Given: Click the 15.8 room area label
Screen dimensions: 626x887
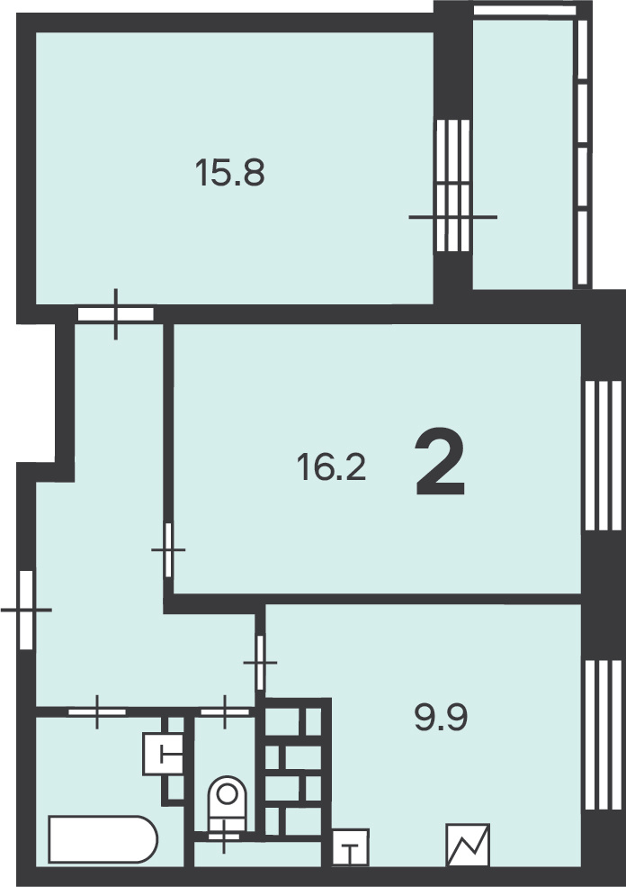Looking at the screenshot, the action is point(230,172).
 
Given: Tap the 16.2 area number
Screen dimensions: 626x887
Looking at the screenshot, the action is point(332,468).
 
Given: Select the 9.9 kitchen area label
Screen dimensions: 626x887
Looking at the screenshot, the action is point(441,719).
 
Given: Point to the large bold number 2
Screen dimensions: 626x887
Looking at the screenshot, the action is point(440,462).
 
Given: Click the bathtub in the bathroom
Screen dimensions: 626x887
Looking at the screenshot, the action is point(103,839).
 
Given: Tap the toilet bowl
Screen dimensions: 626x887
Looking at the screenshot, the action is point(228,803).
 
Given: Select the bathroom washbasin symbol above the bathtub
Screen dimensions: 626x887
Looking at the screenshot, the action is point(163,754).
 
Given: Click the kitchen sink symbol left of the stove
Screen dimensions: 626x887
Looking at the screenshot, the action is point(350,846).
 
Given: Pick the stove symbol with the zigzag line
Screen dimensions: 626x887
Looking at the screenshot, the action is point(468,845).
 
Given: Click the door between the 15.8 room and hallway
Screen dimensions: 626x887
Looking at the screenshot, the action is point(116,314).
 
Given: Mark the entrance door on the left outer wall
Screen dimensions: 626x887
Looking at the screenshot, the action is point(27,610).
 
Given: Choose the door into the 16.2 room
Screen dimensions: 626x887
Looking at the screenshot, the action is point(168,550).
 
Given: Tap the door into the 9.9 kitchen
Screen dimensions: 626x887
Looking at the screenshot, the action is point(260,663).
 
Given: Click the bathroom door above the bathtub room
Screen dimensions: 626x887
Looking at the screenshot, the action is point(97,711).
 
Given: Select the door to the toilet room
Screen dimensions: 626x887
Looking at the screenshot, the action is point(225,711).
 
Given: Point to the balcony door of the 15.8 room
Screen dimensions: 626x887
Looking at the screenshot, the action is point(453,186).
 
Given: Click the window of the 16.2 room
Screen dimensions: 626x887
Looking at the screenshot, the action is point(604,456).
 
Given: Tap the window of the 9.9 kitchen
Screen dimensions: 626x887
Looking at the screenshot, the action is point(604,735).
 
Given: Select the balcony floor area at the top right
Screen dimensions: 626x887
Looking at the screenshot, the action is point(523,154).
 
